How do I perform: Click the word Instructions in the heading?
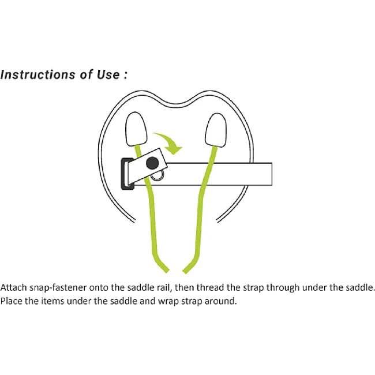pyautogui.click(x=38, y=74)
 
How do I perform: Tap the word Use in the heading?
pyautogui.click(x=108, y=74)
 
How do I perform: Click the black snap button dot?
pyautogui.click(x=152, y=163)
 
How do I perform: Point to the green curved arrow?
pyautogui.click(x=168, y=142)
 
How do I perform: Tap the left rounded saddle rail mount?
pyautogui.click(x=136, y=129)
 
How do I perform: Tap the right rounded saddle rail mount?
pyautogui.click(x=216, y=130)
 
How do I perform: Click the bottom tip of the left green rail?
pyautogui.click(x=167, y=272)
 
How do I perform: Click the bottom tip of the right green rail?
pyautogui.click(x=185, y=272)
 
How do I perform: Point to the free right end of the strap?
pyautogui.click(x=272, y=174)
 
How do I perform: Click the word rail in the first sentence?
pyautogui.click(x=164, y=287)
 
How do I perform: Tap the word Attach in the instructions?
pyautogui.click(x=13, y=287)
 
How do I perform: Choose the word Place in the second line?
pyautogui.click(x=11, y=301)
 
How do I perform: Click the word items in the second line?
pyautogui.click(x=52, y=301)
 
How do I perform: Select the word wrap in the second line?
pyautogui.click(x=168, y=302)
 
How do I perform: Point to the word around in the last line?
pyautogui.click(x=220, y=301)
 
